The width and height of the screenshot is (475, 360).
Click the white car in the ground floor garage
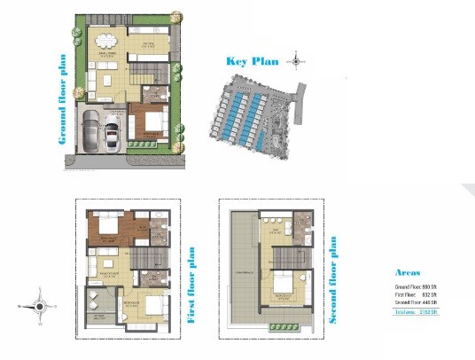113,134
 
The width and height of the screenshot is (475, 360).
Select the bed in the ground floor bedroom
150,120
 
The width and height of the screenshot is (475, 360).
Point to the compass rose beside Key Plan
296,62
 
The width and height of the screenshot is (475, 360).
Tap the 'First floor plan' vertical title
192,284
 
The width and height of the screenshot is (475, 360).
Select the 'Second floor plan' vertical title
333,278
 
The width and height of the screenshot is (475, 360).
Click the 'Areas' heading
409,273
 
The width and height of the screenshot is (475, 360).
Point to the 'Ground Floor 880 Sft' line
417,288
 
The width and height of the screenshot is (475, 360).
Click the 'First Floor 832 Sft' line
417,295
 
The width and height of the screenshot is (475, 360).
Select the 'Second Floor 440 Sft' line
417,302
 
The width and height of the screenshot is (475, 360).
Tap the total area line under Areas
417,312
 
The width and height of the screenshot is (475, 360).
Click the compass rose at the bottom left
38,306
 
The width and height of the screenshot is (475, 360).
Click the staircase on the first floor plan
143,256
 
